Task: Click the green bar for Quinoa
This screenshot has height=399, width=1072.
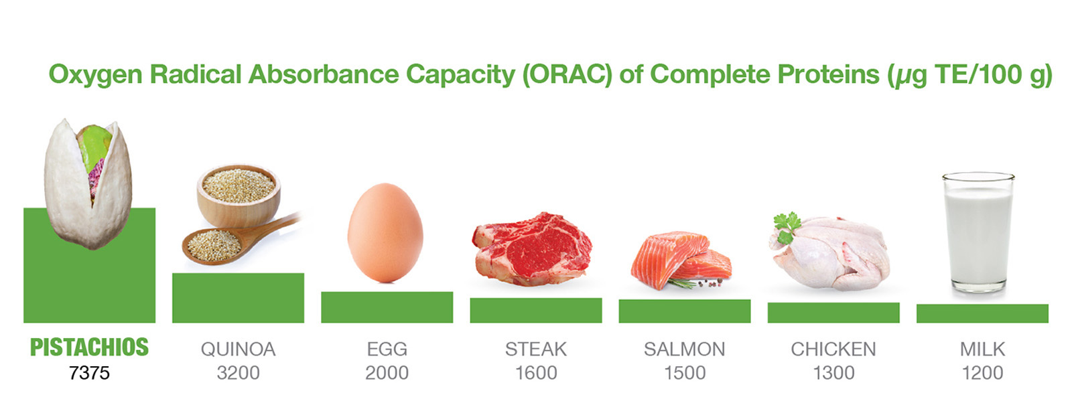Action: coord(238,298)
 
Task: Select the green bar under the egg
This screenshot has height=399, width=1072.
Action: coord(387,307)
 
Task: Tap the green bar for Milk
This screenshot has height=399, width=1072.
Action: coord(982,313)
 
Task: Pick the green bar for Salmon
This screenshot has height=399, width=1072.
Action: coord(684,311)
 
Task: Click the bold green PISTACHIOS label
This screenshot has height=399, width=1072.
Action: coord(89,347)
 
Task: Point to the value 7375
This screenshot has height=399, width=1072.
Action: coord(89,373)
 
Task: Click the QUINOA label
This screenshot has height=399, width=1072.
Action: coord(238,349)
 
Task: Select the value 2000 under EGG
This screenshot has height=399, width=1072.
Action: coord(387,373)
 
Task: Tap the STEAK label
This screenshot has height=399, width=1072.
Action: coord(535,349)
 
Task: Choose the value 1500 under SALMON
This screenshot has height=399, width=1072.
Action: coord(684,373)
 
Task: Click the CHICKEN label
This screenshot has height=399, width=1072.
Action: coord(833,349)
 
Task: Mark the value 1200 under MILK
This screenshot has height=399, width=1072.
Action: coord(982,373)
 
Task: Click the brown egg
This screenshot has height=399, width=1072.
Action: coord(385,232)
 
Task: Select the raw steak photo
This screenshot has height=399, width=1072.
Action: coord(533,248)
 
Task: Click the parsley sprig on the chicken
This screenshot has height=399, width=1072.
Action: coord(786,226)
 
